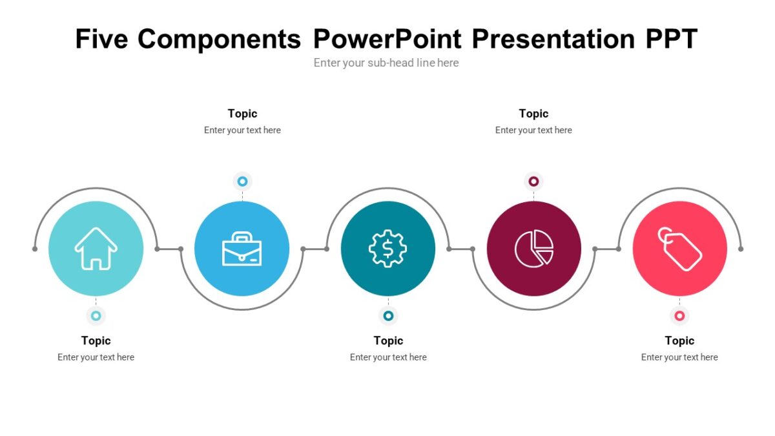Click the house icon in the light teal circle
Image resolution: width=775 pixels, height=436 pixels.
[x=96, y=249]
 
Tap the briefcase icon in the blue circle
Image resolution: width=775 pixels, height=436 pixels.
[x=242, y=249]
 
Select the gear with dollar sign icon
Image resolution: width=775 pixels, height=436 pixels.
[x=388, y=249]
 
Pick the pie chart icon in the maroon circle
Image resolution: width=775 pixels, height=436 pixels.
[x=534, y=249]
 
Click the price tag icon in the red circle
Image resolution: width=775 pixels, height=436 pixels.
[x=679, y=249]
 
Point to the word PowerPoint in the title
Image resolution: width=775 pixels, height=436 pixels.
[x=387, y=39]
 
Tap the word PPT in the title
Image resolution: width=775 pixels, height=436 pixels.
[x=671, y=39]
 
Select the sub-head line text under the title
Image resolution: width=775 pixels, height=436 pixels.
[x=386, y=63]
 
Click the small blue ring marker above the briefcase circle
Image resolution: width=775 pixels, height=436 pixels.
[x=243, y=182]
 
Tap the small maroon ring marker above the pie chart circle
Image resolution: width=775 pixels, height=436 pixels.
[x=534, y=182]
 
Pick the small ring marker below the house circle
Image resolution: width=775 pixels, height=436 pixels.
[x=96, y=316]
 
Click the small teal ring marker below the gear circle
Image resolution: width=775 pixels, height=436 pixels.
[x=388, y=316]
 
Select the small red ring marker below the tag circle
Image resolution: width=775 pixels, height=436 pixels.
[x=679, y=316]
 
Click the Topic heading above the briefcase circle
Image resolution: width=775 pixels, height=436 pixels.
[x=242, y=114]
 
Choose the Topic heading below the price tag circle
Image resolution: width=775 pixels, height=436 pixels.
[x=679, y=341]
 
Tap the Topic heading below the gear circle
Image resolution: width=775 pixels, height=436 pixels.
[x=388, y=341]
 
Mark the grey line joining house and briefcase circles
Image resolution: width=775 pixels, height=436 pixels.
[x=169, y=249]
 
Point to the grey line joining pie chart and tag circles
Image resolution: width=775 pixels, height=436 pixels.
[x=606, y=249]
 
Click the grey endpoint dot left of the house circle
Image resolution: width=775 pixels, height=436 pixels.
[x=35, y=249]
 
